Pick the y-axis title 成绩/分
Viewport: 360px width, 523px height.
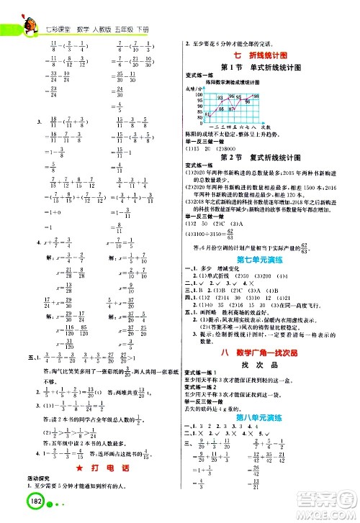click(195, 88)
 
